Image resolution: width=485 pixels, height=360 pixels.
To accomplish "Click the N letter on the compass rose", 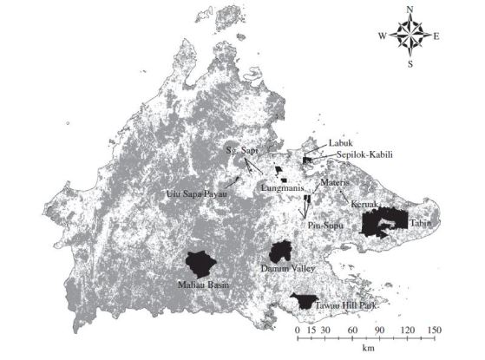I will coord(411,10).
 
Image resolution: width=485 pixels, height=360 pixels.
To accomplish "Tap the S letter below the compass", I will coord(411,62).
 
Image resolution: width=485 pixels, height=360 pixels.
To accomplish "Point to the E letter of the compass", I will coord(436,36).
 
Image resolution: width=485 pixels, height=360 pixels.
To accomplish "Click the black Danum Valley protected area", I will coord(279,252).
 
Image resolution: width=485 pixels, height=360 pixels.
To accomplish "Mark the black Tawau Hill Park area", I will coord(305,301).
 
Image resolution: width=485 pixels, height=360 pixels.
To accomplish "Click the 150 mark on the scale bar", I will coord(434,331).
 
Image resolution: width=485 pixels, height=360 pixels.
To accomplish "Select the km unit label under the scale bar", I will coord(368,349).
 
